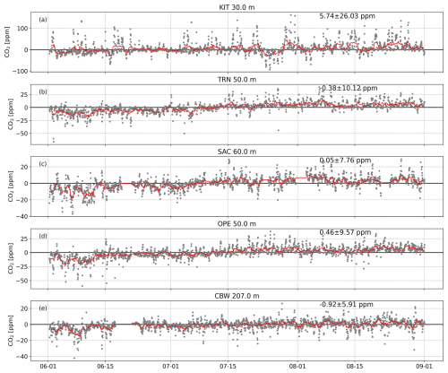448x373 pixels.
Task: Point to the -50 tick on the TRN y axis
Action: (x=29, y=134)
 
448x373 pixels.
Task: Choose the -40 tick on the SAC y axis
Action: (x=29, y=216)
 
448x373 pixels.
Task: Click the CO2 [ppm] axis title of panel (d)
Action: (x=10, y=252)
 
